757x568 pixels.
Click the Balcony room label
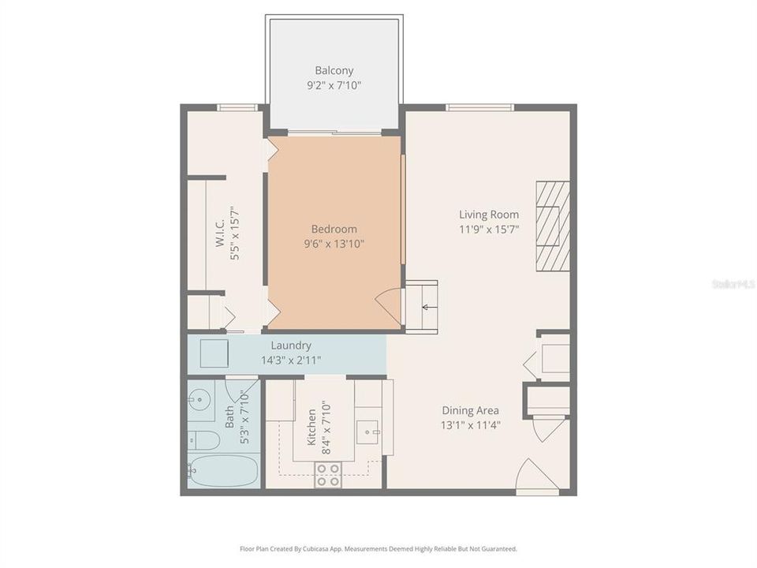(334, 70)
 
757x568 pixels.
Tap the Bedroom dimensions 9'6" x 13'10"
(334, 244)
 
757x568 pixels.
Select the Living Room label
(489, 214)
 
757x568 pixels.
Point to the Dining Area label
(470, 410)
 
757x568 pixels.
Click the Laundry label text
(291, 346)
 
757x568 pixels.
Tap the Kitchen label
(311, 427)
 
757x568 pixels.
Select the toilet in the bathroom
(203, 439)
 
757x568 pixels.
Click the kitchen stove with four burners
(328, 474)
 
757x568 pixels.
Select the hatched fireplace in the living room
(553, 226)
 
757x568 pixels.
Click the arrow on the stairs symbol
(428, 307)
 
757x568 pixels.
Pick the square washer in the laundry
(214, 355)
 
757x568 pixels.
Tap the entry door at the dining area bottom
(536, 476)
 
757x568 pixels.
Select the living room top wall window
(479, 107)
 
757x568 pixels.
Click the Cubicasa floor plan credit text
(378, 548)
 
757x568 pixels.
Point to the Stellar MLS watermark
(733, 282)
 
